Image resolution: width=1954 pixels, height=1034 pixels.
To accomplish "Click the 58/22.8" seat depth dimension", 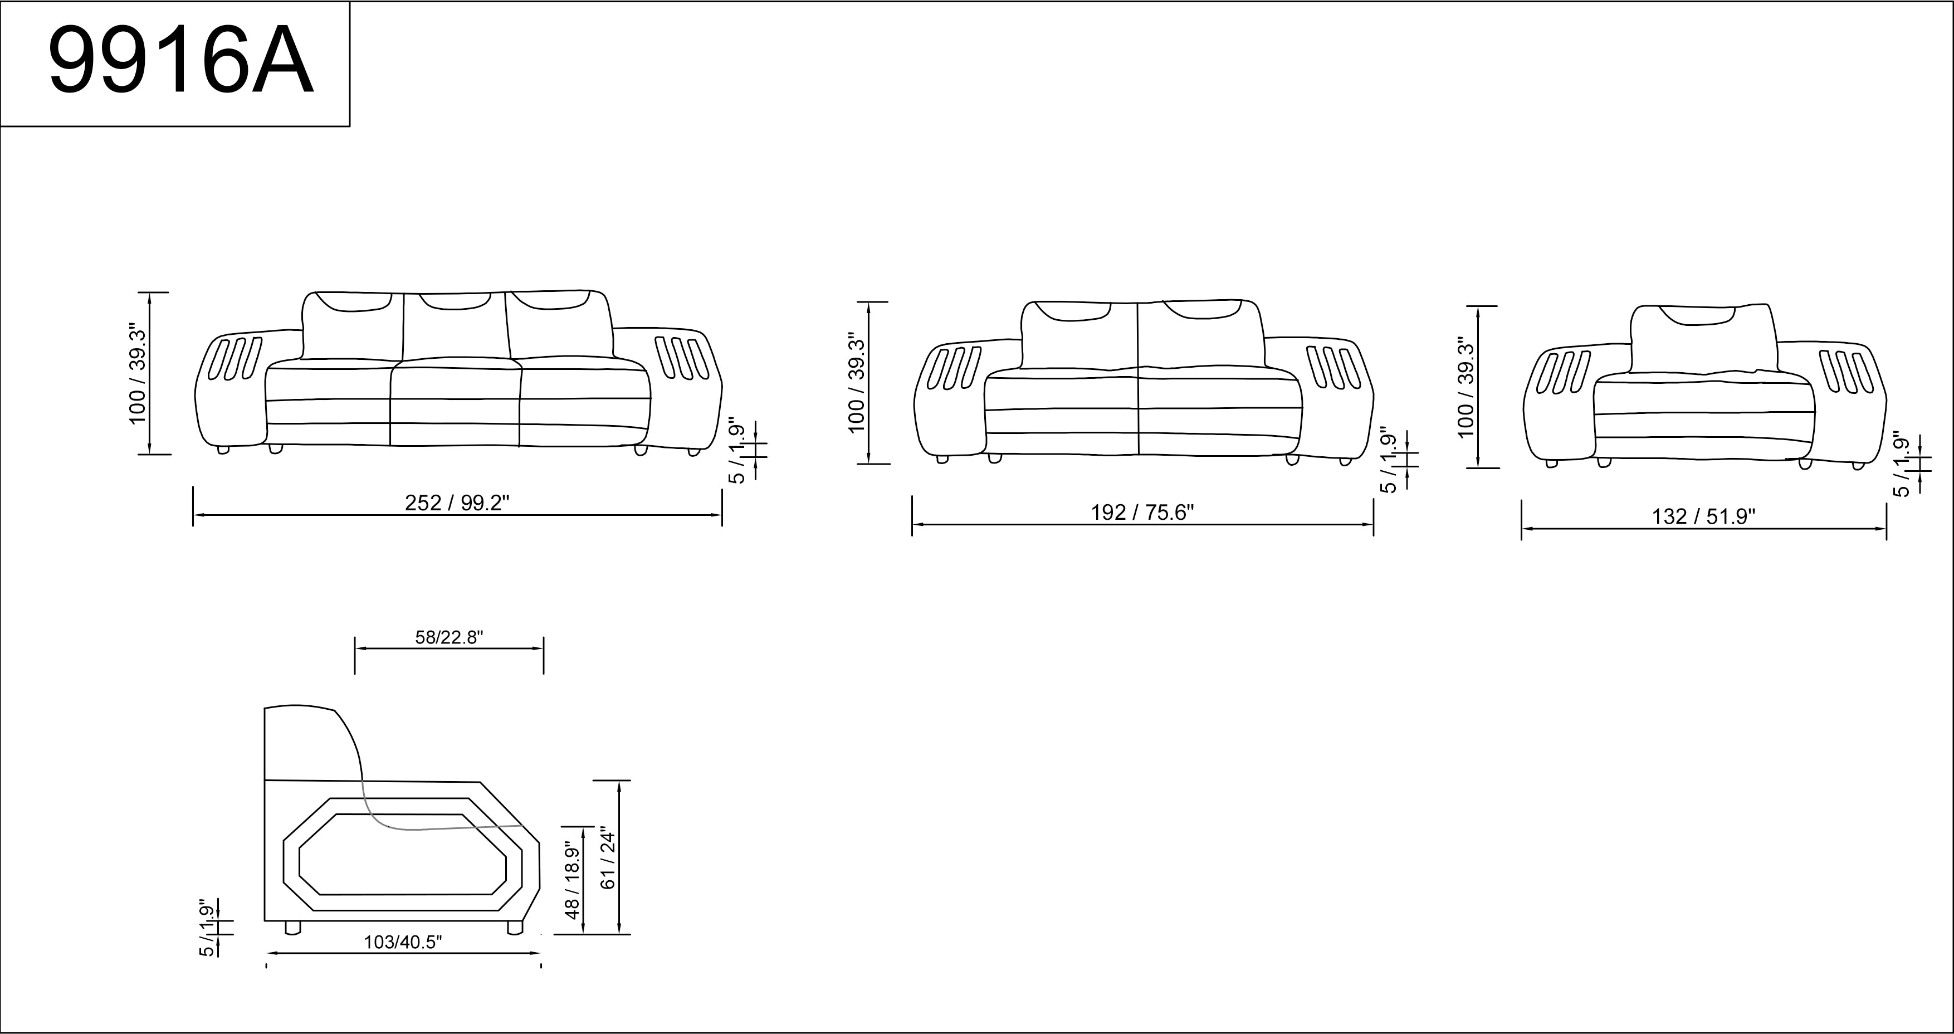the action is point(449,637).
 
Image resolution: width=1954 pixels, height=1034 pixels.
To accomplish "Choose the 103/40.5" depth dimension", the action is point(403,942).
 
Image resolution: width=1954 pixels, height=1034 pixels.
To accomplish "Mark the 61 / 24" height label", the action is point(609,857).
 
